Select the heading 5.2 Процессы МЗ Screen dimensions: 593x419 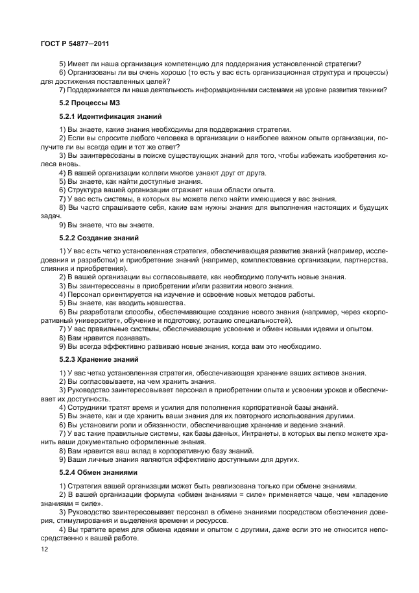tap(86, 103)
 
